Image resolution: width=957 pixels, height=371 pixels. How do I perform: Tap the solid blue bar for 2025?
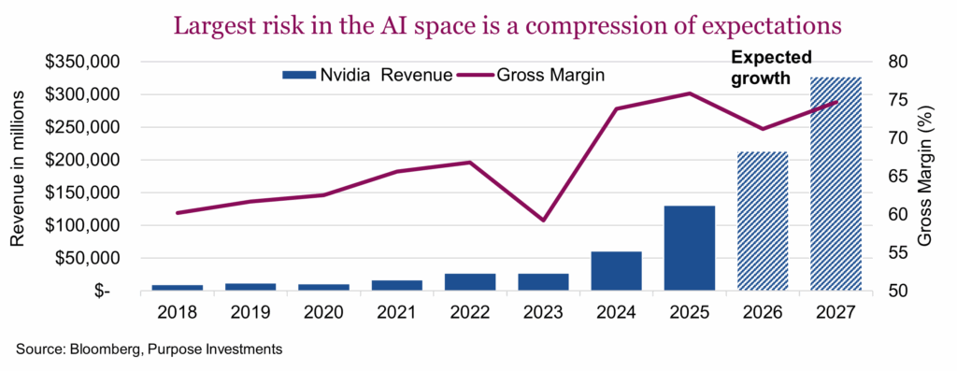[x=689, y=248]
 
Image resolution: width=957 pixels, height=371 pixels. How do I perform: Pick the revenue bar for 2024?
[x=615, y=271]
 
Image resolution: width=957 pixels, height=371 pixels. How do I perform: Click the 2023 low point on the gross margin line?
[x=542, y=221]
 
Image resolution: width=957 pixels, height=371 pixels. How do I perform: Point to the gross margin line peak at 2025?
[x=689, y=93]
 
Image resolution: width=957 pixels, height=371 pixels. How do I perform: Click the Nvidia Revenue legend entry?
[x=366, y=74]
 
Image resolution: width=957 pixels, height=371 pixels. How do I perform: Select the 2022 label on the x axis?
[x=468, y=313]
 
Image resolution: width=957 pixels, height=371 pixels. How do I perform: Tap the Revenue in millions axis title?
[x=19, y=177]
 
